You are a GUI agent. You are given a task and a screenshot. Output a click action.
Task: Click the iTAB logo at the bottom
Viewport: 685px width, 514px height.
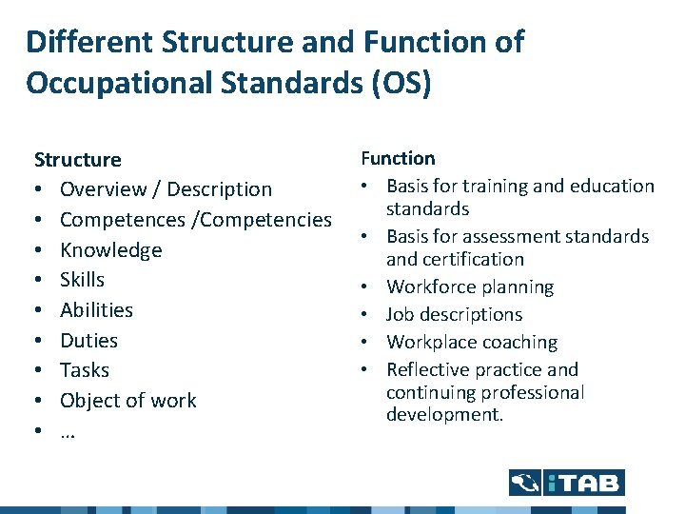point(566,483)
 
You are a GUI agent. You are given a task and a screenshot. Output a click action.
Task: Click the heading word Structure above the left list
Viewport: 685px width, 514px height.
point(78,159)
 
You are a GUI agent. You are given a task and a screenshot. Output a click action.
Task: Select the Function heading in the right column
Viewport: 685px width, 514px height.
point(398,158)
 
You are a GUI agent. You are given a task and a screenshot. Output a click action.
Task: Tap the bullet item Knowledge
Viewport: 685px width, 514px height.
point(110,249)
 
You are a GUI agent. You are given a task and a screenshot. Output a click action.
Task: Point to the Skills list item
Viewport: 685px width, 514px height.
point(82,280)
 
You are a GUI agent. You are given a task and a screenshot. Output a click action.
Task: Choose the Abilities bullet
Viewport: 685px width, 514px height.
point(96,310)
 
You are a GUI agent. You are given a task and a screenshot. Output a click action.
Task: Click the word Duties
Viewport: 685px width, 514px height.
point(88,340)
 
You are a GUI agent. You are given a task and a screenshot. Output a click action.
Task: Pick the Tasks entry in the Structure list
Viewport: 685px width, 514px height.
point(84,370)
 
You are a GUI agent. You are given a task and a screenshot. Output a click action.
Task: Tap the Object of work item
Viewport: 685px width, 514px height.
point(127,401)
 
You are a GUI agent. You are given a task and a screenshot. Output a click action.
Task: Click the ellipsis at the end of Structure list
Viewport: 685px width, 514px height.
point(68,431)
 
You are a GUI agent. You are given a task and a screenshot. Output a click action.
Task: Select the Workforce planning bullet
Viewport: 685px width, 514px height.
point(470,287)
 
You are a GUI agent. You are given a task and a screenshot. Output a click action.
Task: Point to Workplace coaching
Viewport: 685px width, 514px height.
point(472,342)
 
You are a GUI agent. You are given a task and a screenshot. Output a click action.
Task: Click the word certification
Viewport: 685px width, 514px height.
point(471,259)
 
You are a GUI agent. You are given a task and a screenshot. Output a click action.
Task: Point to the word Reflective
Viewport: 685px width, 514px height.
point(428,369)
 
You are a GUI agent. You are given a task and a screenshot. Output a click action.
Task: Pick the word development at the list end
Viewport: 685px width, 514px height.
point(445,415)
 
